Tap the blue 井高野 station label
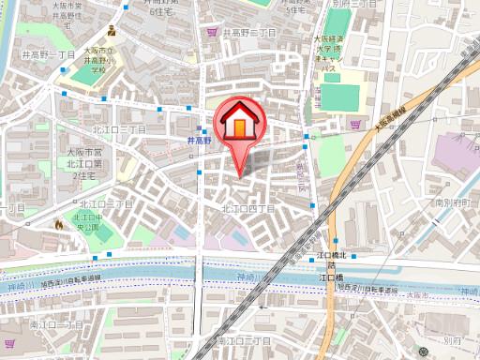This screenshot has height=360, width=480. pyautogui.click(x=200, y=141)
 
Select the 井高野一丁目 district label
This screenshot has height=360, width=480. pyautogui.click(x=48, y=56)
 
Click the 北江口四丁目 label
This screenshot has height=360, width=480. pyautogui.click(x=247, y=208)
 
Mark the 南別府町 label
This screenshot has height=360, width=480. pyautogui.click(x=457, y=202)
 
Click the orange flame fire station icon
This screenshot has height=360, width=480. pyautogui.click(x=59, y=224)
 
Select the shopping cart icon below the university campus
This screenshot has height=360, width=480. pyautogui.click(x=354, y=123)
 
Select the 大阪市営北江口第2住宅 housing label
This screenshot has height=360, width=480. pyautogui.click(x=82, y=161)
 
